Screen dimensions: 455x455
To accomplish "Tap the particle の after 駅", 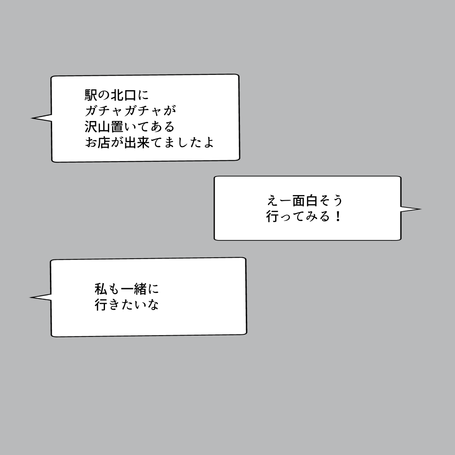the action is coord(104,94).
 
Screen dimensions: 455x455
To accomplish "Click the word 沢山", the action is coord(98,126).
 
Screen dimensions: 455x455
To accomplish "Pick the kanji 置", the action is coord(117,126).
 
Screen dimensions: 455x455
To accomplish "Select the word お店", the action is coord(98,142).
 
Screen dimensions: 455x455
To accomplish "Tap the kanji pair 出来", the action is coord(137,142).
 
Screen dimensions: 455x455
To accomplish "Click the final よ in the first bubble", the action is coord(208,142).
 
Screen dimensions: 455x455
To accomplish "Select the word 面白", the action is coord(305,201).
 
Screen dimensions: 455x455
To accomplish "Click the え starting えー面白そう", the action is coord(273,201).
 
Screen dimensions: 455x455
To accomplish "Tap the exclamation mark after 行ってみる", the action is coord(337,217).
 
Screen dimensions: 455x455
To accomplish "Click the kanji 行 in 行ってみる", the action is coord(273,217).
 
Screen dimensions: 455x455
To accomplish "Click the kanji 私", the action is coord(101,289).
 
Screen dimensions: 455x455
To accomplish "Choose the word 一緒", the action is coord(133,289).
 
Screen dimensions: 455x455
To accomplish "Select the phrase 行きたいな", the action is coord(127,305).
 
